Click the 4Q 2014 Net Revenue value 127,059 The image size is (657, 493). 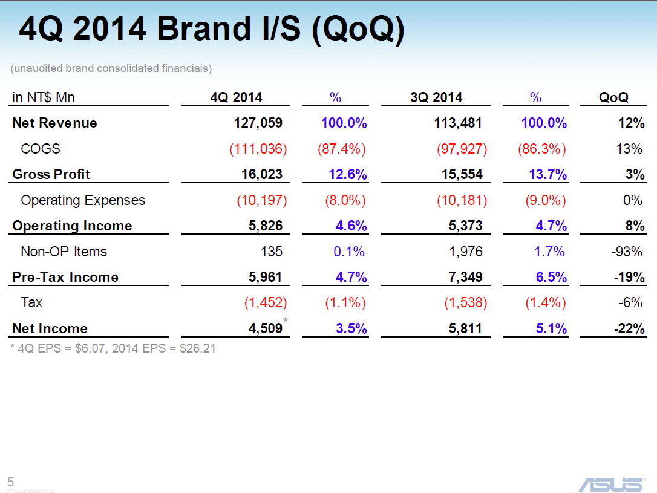coord(258,123)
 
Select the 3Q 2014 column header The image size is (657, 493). coord(436,97)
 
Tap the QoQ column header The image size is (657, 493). coord(613,97)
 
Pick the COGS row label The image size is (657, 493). coord(41,149)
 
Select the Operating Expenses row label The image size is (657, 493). coord(83,200)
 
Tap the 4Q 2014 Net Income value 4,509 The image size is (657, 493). coord(265,328)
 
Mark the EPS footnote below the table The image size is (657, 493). coord(113,348)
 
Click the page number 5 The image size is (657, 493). coord(10,482)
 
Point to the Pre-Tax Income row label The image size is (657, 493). coord(65,277)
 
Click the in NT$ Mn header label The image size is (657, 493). coord(43,97)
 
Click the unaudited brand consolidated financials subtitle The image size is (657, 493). coord(111,68)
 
